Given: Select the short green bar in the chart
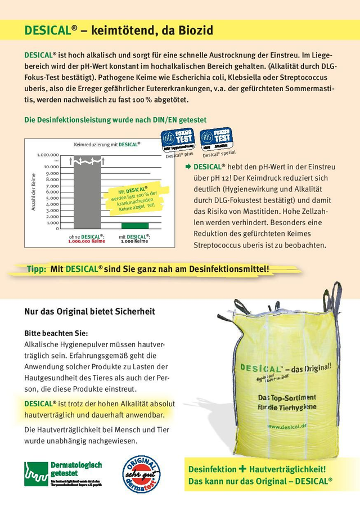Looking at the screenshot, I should [x=134, y=225].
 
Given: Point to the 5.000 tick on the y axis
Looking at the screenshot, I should [x=52, y=198].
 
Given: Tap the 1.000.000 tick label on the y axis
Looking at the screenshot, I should [x=48, y=154].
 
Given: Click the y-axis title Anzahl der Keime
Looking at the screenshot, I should [x=34, y=192].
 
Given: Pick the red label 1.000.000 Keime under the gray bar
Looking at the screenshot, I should [x=87, y=241].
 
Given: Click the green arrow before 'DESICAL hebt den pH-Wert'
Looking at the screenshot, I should [x=188, y=167].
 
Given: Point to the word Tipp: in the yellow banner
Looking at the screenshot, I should [x=37, y=269].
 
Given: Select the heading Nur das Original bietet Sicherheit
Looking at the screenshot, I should [x=89, y=311].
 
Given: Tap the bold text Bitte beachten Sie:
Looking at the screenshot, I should [x=56, y=333].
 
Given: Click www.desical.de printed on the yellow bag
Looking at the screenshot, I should [x=287, y=426].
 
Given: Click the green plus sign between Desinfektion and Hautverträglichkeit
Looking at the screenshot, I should [x=242, y=468].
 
